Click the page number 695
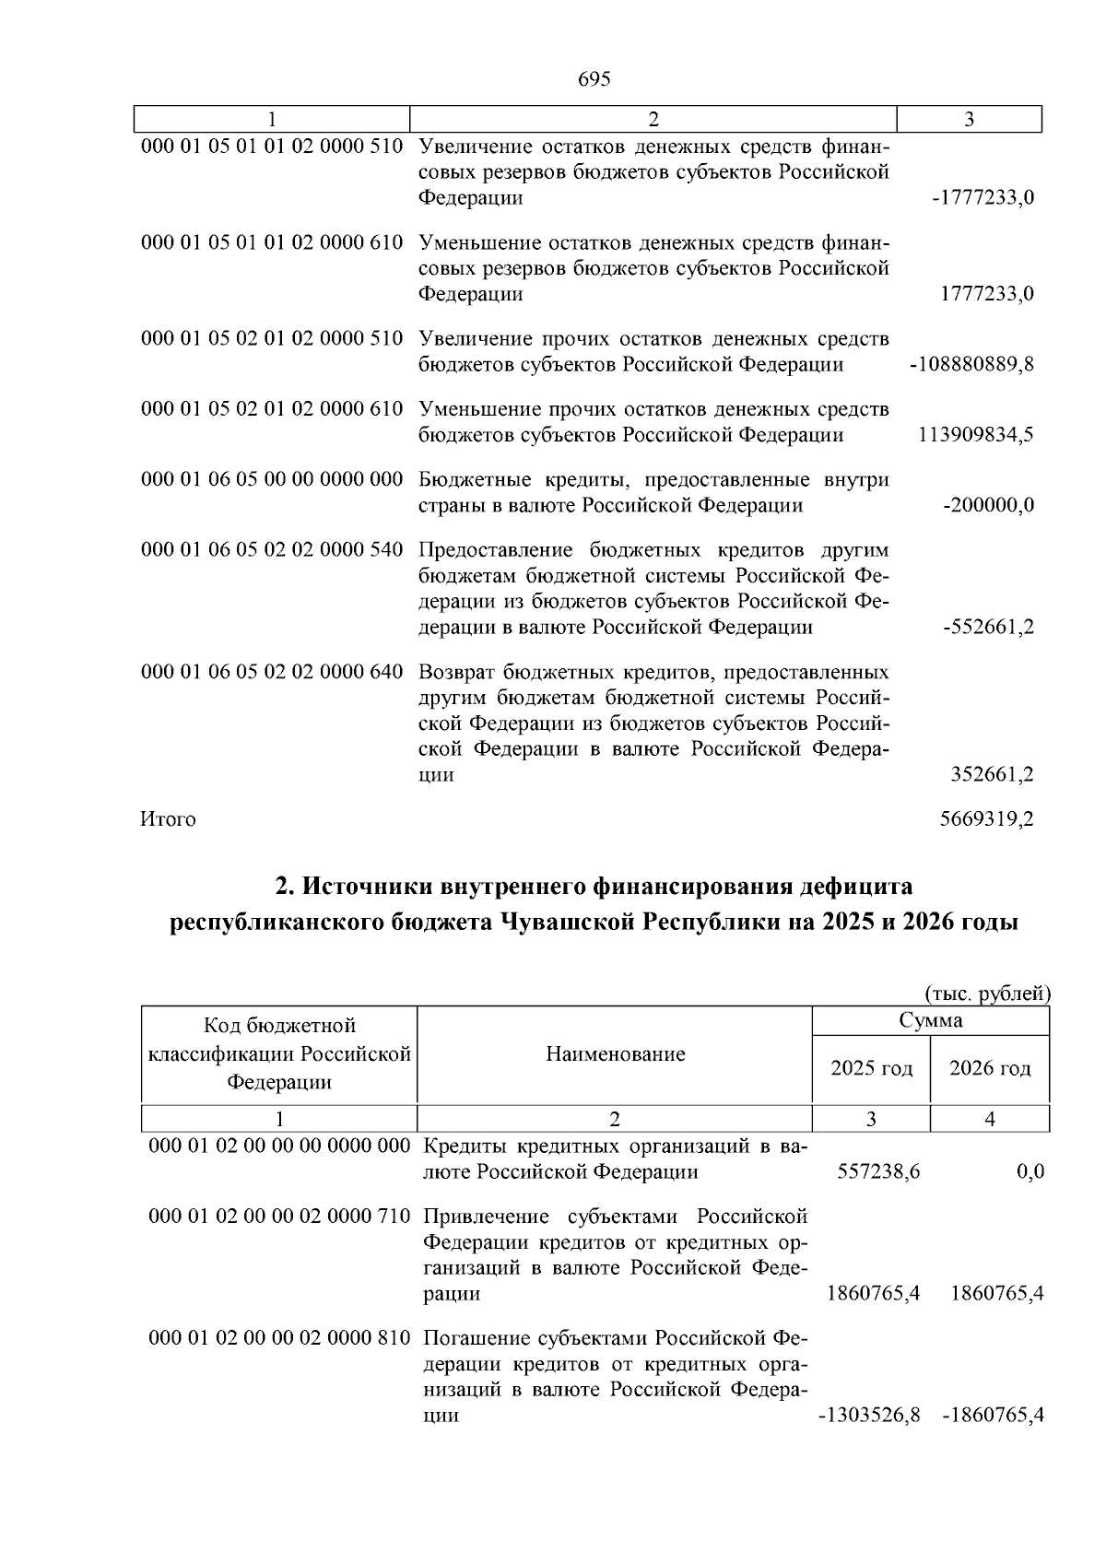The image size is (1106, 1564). click(x=594, y=79)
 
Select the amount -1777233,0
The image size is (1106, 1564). click(x=982, y=198)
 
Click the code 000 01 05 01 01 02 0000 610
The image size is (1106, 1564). click(x=272, y=242)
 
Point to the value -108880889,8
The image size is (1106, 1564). click(x=971, y=364)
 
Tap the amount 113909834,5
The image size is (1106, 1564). click(x=975, y=435)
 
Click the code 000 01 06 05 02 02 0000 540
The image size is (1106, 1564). click(x=272, y=550)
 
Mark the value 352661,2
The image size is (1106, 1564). click(x=992, y=775)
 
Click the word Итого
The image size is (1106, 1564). click(x=168, y=819)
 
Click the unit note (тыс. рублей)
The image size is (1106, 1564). click(x=987, y=994)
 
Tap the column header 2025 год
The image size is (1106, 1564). click(x=871, y=1068)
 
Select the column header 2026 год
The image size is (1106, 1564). click(x=990, y=1068)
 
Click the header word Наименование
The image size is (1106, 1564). click(x=616, y=1054)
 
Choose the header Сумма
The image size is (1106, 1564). click(x=931, y=1020)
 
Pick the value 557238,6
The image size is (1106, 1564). click(x=878, y=1172)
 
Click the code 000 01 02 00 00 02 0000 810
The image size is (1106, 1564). click(x=279, y=1337)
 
